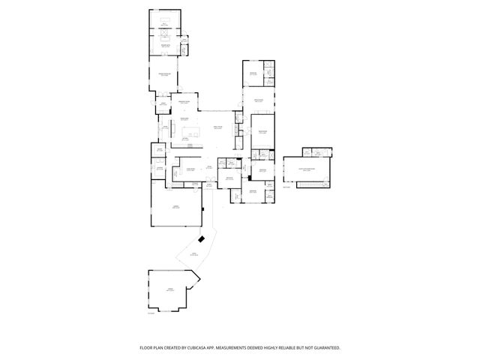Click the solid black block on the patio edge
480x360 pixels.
200,239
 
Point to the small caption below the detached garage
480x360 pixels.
151,313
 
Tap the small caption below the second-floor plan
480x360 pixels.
288,190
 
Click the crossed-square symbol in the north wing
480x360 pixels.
165,33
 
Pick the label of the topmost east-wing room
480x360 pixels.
253,73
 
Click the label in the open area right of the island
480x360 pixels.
217,127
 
